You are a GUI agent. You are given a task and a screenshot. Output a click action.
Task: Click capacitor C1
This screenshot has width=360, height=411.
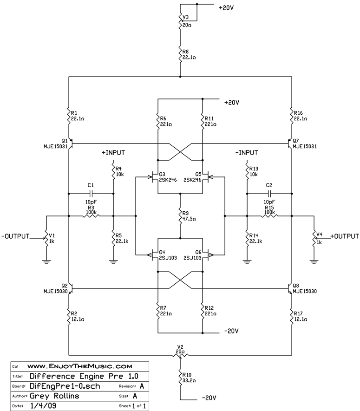click(91, 192)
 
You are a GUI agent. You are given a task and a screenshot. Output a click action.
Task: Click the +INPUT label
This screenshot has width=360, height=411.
click(113, 152)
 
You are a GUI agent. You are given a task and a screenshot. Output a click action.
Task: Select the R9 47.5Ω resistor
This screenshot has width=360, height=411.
click(180, 215)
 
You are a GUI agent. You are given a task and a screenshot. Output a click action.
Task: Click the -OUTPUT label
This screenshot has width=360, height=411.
click(15, 236)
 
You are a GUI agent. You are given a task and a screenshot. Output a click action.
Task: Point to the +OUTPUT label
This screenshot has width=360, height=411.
click(345, 236)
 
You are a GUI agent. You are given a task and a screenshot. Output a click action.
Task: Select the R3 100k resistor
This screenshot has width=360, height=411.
click(91, 215)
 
